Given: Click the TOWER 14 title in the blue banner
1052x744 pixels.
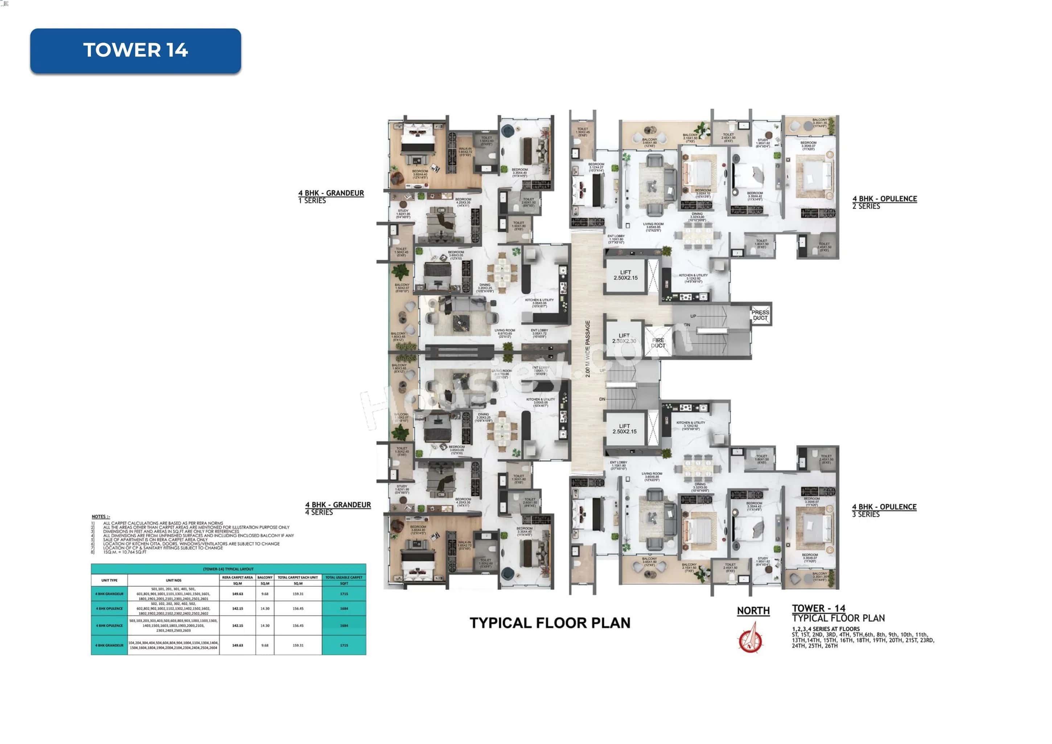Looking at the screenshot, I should tap(136, 50).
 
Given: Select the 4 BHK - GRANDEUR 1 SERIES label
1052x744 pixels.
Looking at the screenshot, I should tap(331, 197).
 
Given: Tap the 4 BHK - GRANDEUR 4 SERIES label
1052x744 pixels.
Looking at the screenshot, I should tap(338, 508).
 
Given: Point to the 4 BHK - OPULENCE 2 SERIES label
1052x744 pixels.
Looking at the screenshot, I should tap(884, 202).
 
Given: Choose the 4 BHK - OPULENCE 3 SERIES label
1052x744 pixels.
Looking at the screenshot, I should tap(884, 510).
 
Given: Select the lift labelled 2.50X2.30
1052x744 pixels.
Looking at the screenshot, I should tap(624, 338).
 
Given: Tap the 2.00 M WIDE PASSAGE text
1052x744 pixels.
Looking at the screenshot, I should tap(588, 348).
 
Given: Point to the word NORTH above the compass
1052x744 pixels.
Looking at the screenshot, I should tap(753, 610).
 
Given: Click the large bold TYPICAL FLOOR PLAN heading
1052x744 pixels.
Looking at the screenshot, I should tap(550, 622).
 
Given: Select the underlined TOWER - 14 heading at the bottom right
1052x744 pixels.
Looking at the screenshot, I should tap(819, 608).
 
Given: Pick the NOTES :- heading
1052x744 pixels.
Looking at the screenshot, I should tap(101, 517).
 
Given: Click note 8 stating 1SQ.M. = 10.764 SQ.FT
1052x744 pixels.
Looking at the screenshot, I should tap(125, 552).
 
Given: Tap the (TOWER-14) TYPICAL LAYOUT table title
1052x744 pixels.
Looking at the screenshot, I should tap(228, 569).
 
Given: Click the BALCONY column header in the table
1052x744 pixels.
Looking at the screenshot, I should tap(265, 577).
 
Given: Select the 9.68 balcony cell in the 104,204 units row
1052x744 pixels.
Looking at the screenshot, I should tap(265, 645).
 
